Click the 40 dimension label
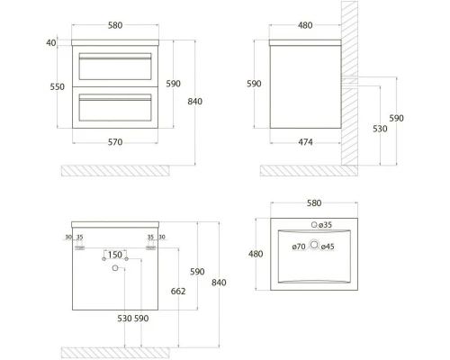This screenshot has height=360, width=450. [50, 42]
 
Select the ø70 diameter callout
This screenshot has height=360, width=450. [299, 246]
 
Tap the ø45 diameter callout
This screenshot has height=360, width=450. [328, 246]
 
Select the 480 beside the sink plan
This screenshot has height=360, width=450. [256, 254]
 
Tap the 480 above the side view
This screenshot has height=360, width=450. [306, 25]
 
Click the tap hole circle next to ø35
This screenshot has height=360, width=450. [314, 223]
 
